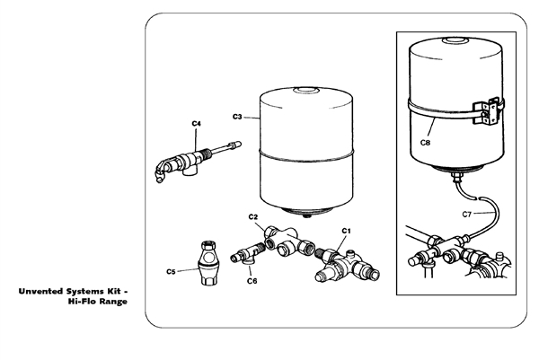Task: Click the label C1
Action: tap(345, 230)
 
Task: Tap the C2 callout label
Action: tap(253, 218)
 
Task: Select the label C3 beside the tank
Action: tap(237, 117)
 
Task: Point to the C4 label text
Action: tap(196, 122)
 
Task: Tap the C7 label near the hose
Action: tap(467, 214)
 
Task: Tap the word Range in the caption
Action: tap(113, 302)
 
